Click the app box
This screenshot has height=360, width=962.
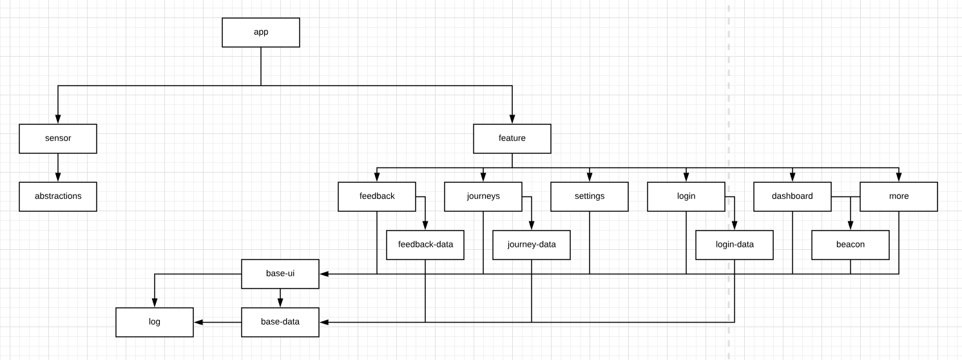(261, 32)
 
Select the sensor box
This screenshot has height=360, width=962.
(58, 138)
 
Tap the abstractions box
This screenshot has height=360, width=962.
(58, 196)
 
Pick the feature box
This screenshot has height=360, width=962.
(512, 138)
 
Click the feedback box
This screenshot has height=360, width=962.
(377, 196)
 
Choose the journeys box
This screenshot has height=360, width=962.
(483, 196)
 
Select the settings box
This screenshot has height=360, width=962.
(589, 196)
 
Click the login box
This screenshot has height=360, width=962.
(686, 196)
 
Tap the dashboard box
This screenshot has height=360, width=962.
(793, 196)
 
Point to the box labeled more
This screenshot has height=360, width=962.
(898, 196)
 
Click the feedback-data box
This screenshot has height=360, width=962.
(425, 245)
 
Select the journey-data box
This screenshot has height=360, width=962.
(531, 245)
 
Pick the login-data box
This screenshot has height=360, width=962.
(735, 245)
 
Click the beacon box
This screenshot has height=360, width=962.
(851, 245)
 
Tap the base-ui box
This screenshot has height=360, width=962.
(280, 274)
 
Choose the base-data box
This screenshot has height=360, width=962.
(280, 322)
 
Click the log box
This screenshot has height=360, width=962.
(155, 322)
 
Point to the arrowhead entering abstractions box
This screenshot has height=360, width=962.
(58, 177)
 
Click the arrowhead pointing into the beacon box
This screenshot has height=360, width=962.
(851, 225)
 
